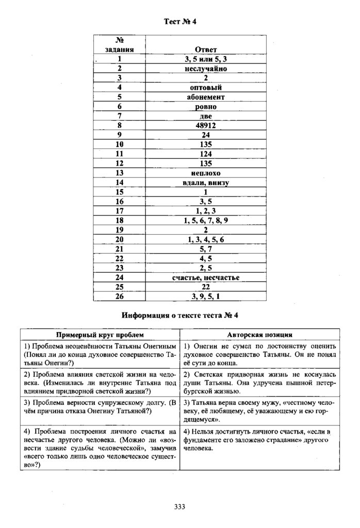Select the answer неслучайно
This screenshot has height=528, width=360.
click(205, 68)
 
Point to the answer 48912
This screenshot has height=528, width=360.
click(205, 125)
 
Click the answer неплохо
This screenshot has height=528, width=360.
click(205, 173)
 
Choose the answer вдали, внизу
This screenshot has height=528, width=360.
click(205, 183)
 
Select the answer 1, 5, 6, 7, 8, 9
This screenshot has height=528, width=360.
click(205, 221)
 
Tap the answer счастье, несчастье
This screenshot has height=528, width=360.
click(205, 278)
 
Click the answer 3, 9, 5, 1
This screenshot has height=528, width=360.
click(205, 296)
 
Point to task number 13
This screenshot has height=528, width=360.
click(120, 173)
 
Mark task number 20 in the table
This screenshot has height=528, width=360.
click(120, 240)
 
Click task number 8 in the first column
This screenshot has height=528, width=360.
click(120, 125)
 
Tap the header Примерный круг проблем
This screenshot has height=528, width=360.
click(100, 334)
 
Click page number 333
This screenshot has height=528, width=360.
click(179, 506)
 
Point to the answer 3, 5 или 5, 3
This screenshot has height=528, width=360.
click(205, 59)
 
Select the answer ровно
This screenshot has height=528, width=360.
click(205, 106)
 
